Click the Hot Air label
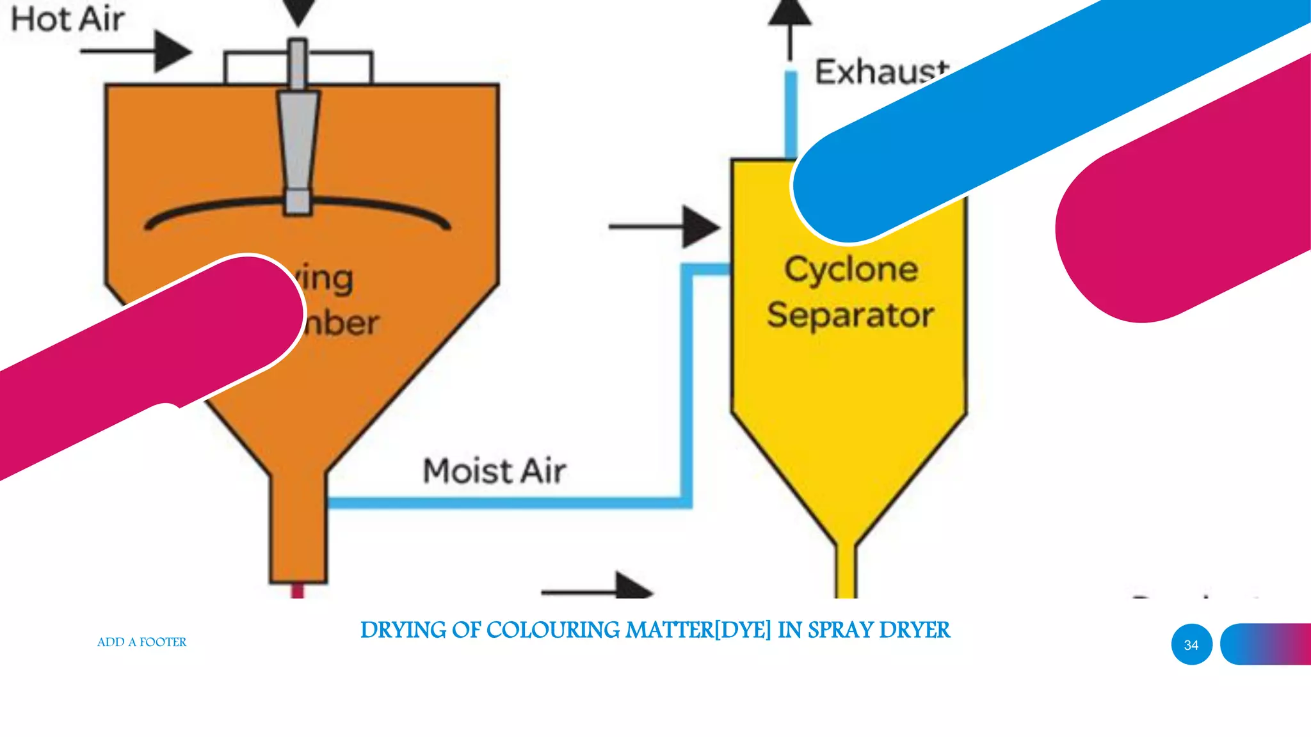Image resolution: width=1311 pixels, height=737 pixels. pyautogui.click(x=68, y=19)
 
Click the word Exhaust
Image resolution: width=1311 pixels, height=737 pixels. pyautogui.click(x=881, y=72)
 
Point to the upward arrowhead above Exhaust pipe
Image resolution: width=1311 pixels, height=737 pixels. pyautogui.click(x=790, y=13)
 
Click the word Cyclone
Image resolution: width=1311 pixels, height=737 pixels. pyautogui.click(x=851, y=269)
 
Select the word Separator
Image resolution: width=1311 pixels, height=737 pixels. pyautogui.click(x=851, y=315)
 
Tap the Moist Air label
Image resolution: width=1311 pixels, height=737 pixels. pyautogui.click(x=494, y=472)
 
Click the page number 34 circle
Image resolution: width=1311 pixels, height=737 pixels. pyautogui.click(x=1191, y=645)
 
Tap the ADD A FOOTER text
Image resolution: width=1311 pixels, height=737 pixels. pyautogui.click(x=141, y=642)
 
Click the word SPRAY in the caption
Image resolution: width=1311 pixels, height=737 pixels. pyautogui.click(x=840, y=631)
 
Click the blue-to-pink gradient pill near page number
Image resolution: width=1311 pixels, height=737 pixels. pyautogui.click(x=1264, y=644)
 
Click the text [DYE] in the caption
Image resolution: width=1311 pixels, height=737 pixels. pyautogui.click(x=743, y=631)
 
